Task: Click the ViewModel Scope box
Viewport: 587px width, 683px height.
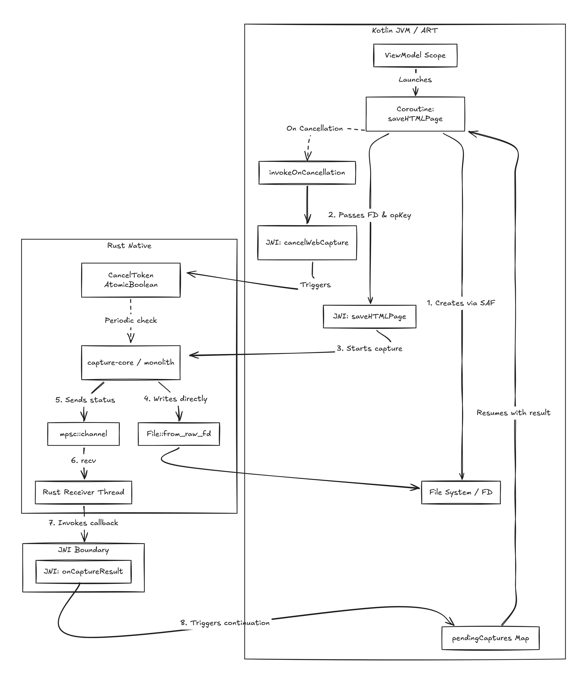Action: (415, 55)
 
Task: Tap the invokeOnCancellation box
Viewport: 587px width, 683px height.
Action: (307, 172)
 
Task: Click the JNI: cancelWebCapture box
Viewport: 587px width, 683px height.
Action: (307, 243)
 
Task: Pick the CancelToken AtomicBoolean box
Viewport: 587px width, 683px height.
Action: (131, 280)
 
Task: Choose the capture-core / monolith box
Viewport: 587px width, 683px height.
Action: (131, 362)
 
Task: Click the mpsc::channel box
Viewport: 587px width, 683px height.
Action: (83, 434)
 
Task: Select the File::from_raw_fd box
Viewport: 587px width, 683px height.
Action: (179, 434)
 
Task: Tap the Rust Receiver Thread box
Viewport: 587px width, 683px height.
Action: (83, 492)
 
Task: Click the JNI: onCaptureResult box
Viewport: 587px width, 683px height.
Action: (83, 571)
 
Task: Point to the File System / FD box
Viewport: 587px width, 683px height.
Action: (461, 492)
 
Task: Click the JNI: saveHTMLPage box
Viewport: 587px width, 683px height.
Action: (370, 316)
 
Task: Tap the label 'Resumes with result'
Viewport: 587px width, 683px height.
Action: (513, 413)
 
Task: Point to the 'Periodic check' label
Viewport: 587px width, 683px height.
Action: (131, 320)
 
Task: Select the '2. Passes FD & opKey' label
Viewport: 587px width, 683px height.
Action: (370, 215)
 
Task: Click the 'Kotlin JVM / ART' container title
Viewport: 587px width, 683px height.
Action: (405, 30)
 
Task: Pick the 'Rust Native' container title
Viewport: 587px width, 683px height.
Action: (129, 246)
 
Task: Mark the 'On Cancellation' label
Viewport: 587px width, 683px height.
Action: (314, 129)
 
